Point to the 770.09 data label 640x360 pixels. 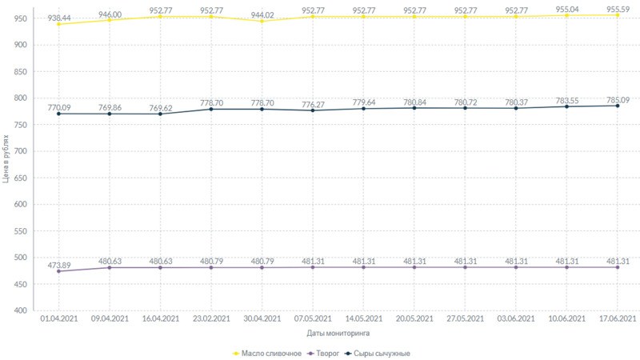pos(58,106)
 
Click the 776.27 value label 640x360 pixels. pos(313,103)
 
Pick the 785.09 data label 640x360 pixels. pos(618,101)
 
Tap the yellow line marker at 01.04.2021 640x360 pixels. pos(58,24)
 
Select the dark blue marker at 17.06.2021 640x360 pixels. pos(618,106)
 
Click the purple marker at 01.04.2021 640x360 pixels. pos(58,271)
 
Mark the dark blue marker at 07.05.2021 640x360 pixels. pos(313,110)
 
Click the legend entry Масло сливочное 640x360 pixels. pos(267,353)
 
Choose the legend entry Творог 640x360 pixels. pos(328,353)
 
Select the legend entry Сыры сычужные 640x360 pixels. pos(382,353)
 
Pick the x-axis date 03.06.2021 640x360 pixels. pos(515,319)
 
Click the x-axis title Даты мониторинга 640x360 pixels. pos(338,333)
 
